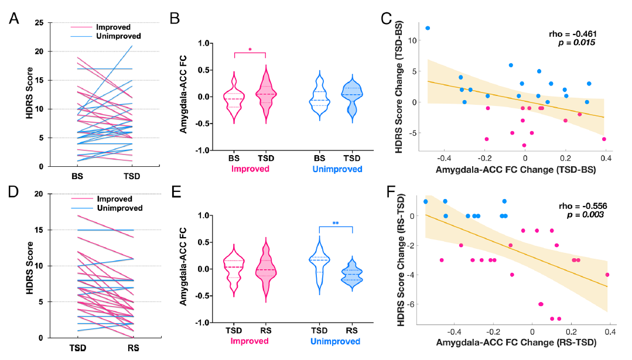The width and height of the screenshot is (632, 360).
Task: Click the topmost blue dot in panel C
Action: tap(428, 28)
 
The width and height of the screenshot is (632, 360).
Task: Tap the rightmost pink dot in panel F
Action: tap(607, 275)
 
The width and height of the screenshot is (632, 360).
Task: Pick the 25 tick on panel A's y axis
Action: tap(39, 23)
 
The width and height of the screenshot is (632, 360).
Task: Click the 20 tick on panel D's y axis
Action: tap(39, 194)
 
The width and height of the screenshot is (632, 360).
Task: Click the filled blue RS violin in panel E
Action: tap(353, 273)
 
